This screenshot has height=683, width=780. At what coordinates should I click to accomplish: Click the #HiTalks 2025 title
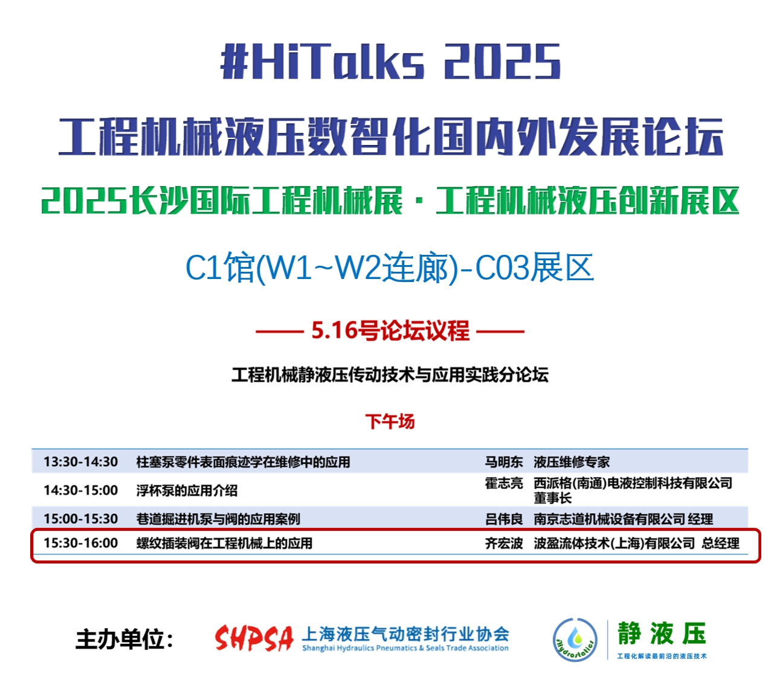point(390,61)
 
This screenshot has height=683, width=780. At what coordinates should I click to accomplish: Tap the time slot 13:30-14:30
point(80,462)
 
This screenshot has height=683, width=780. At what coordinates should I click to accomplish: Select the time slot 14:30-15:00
point(80,490)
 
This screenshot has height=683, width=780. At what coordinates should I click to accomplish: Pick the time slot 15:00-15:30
point(80,519)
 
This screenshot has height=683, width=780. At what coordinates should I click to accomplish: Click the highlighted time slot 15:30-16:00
point(80,543)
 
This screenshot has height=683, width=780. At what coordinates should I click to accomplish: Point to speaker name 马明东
point(503,462)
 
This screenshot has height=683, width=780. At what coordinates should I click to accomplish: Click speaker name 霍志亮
point(503,483)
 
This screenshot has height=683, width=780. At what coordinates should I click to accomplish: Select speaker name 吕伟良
point(503,519)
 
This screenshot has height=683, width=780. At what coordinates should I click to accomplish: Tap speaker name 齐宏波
point(503,544)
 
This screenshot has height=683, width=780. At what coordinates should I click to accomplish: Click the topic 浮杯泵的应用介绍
point(187,490)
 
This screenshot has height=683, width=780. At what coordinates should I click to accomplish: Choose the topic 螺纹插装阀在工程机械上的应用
point(224,544)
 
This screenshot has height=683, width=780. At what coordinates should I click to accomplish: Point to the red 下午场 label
point(390,422)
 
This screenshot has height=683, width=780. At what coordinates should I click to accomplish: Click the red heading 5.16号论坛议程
point(390,330)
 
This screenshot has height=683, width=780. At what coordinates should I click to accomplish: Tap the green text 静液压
point(662,633)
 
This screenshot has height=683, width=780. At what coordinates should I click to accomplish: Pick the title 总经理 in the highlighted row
point(720,544)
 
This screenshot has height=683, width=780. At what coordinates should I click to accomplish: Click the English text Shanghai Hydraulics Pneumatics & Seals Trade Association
point(405,648)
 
